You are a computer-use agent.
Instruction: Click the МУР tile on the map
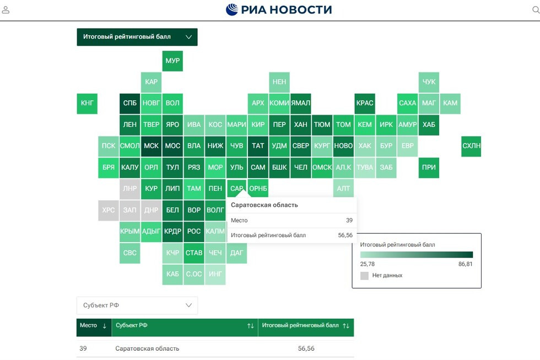172,61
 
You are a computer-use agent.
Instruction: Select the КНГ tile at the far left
87,103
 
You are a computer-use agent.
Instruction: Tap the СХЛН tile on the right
471,146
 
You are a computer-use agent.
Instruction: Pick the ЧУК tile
429,82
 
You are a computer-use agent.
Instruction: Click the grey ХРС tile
109,210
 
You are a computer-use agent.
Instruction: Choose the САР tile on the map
237,189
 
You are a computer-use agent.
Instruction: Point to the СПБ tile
130,103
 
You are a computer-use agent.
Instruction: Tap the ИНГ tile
215,274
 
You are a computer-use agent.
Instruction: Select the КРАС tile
365,103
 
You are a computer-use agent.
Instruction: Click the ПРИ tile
429,168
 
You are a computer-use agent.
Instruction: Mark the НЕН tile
279,82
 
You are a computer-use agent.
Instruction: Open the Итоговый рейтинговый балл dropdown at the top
137,37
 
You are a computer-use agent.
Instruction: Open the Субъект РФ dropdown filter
137,305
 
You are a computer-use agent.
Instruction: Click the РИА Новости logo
279,9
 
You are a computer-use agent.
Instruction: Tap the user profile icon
6,10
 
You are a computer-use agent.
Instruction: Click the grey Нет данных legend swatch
364,276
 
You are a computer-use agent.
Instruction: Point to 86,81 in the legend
465,264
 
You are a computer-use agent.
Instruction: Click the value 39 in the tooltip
349,221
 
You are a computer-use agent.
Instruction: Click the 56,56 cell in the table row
306,348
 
